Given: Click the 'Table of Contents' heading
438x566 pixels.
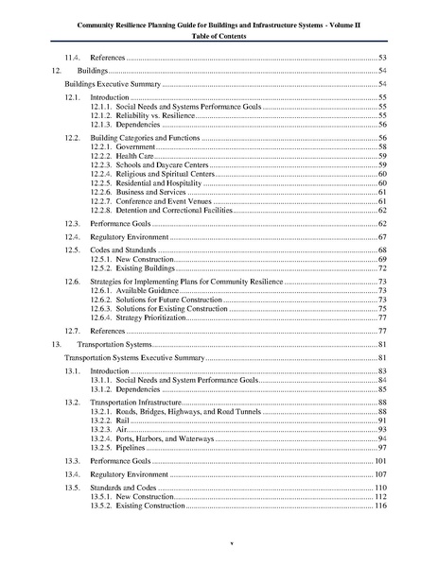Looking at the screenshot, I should coord(219,35).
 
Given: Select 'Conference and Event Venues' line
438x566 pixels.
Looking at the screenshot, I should coord(151,201).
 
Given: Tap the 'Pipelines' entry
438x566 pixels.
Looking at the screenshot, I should coord(120,448).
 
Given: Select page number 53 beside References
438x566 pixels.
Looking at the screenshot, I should coord(384,59).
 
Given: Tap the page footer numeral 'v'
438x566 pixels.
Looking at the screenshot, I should coord(219,543).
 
